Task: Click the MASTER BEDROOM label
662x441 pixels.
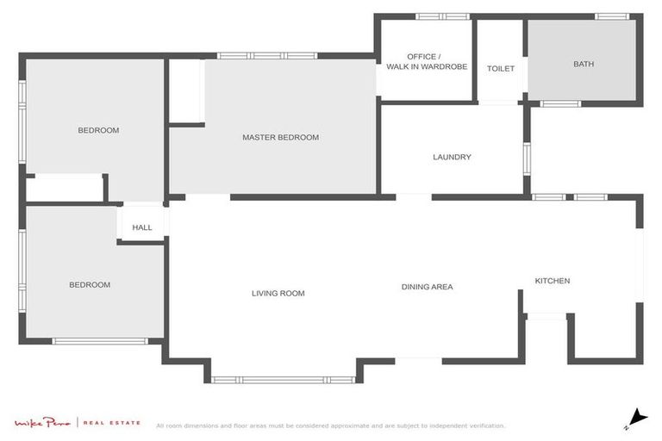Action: pyautogui.click(x=280, y=137)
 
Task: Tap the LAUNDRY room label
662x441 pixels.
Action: pyautogui.click(x=452, y=157)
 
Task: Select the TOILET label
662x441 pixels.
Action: pyautogui.click(x=500, y=68)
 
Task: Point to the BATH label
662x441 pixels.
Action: pyautogui.click(x=584, y=64)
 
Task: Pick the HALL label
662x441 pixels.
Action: pyautogui.click(x=142, y=227)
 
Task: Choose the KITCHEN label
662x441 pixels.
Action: pyautogui.click(x=552, y=281)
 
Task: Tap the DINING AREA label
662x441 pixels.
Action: pyautogui.click(x=427, y=287)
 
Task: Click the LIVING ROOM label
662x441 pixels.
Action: pyautogui.click(x=278, y=293)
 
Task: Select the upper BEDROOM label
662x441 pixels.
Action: pyautogui.click(x=98, y=130)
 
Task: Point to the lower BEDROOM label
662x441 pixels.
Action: pyautogui.click(x=90, y=284)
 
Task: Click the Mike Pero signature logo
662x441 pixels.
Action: pyautogui.click(x=42, y=422)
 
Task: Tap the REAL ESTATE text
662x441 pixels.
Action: pyautogui.click(x=111, y=422)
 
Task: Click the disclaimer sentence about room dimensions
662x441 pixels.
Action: pyautogui.click(x=330, y=425)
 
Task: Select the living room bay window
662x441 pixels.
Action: pyautogui.click(x=283, y=379)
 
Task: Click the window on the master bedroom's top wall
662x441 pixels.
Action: pyautogui.click(x=267, y=56)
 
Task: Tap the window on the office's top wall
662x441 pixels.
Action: pyautogui.click(x=442, y=16)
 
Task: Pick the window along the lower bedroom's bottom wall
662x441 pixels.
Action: pyautogui.click(x=101, y=341)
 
